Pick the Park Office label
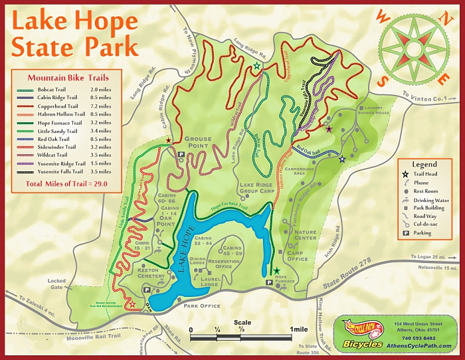(202, 306)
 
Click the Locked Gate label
(57, 285)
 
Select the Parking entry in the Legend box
(422, 233)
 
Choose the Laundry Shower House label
(381, 110)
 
